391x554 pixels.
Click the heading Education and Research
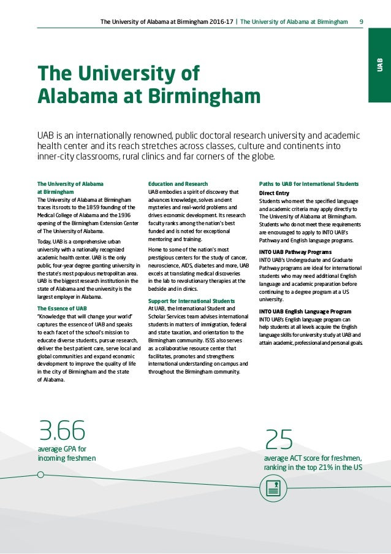coord(178,183)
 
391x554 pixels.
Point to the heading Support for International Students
coord(191,301)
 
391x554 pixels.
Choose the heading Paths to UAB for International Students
coord(309,183)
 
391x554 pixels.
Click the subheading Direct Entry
coord(275,192)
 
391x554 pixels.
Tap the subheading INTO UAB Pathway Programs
coord(295,252)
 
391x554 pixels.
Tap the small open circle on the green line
coord(40,474)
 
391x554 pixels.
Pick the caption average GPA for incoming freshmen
coord(67,453)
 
